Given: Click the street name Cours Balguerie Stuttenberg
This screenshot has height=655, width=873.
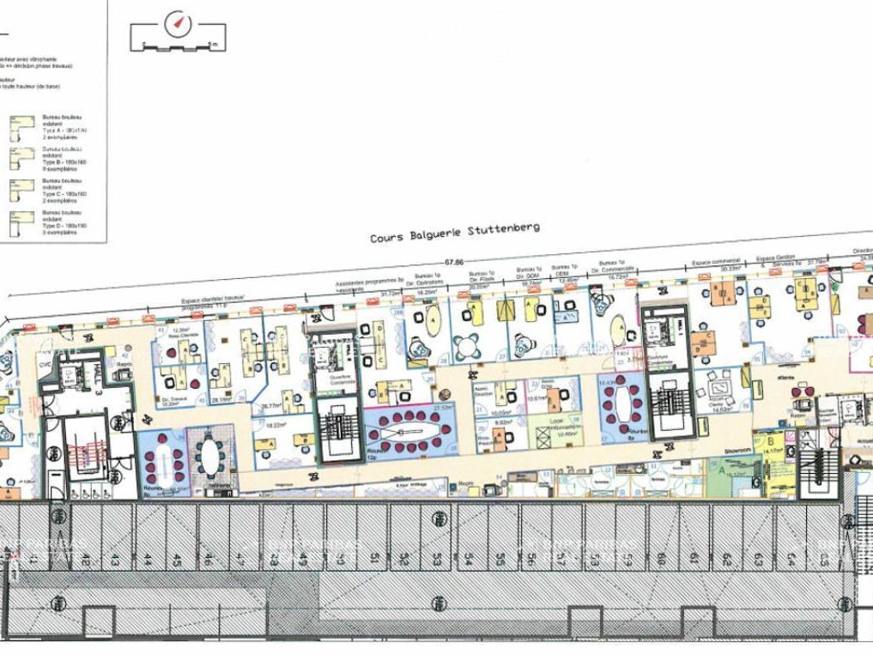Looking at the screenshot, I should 455,232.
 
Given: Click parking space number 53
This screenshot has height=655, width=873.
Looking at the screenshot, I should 436,559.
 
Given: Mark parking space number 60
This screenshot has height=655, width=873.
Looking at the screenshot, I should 661,558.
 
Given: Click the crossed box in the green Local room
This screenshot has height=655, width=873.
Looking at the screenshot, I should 543,436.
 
